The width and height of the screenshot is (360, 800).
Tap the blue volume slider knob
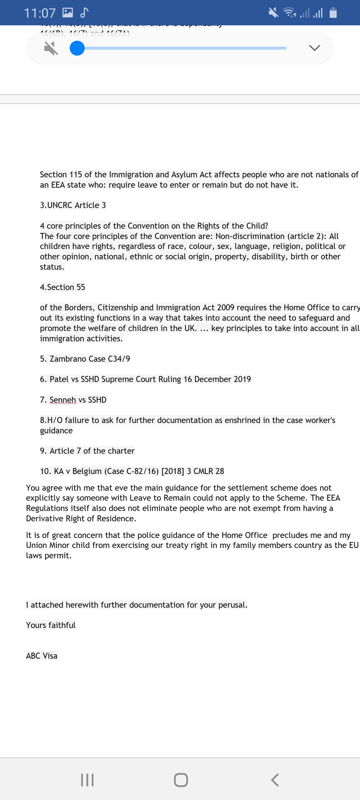pyautogui.click(x=77, y=48)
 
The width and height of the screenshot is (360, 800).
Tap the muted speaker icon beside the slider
pyautogui.click(x=51, y=49)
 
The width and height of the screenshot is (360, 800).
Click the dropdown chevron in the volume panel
pyautogui.click(x=314, y=48)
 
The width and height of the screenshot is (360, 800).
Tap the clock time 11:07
pyautogui.click(x=40, y=13)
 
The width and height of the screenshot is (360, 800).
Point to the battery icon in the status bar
pyautogui.click(x=333, y=13)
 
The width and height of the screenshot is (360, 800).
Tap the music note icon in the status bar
pyautogui.click(x=84, y=13)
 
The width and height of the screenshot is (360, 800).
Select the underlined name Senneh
pyautogui.click(x=63, y=400)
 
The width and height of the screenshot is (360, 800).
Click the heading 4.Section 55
pyautogui.click(x=62, y=287)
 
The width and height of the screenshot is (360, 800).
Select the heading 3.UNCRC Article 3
pyautogui.click(x=73, y=205)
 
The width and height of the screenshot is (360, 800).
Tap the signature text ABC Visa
pyautogui.click(x=42, y=656)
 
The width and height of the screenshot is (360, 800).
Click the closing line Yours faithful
pyautogui.click(x=51, y=625)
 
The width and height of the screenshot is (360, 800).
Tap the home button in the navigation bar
pyautogui.click(x=181, y=780)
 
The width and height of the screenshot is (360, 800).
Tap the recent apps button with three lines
pyautogui.click(x=87, y=780)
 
